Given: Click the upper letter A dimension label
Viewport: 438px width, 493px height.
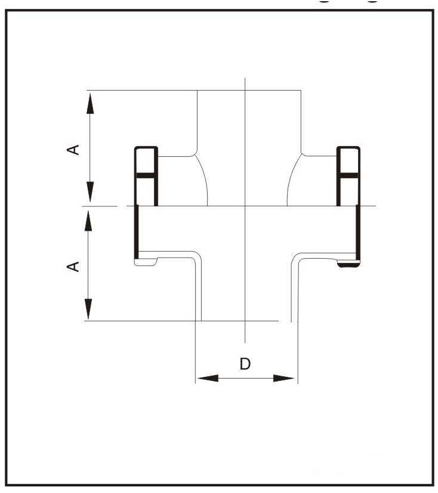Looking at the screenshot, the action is (73, 150).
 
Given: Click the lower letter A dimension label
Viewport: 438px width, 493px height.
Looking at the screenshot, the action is (73, 266).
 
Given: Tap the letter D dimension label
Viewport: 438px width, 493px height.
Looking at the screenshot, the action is (245, 364).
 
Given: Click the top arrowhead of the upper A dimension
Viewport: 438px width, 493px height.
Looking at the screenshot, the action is (90, 103).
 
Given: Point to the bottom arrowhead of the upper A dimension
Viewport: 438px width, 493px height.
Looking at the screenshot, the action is (90, 192).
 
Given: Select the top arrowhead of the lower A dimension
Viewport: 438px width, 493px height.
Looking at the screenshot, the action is (88, 221).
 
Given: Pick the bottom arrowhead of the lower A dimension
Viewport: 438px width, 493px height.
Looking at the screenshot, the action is (88, 309).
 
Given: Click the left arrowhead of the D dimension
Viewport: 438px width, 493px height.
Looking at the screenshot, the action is (207, 378).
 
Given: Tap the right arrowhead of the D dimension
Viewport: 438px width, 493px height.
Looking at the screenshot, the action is (283, 378).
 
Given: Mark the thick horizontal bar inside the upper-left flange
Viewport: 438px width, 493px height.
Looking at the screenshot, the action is (146, 175).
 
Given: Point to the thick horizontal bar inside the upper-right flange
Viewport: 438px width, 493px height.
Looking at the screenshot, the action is (348, 175).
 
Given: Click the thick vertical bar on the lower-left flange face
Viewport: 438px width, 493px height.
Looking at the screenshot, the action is (136, 232).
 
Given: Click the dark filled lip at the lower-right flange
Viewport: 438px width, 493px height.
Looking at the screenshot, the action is (348, 264).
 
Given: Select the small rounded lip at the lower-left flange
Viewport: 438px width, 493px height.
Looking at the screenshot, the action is (146, 262).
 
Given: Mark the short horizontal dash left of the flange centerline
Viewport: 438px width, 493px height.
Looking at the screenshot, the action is (100, 206).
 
